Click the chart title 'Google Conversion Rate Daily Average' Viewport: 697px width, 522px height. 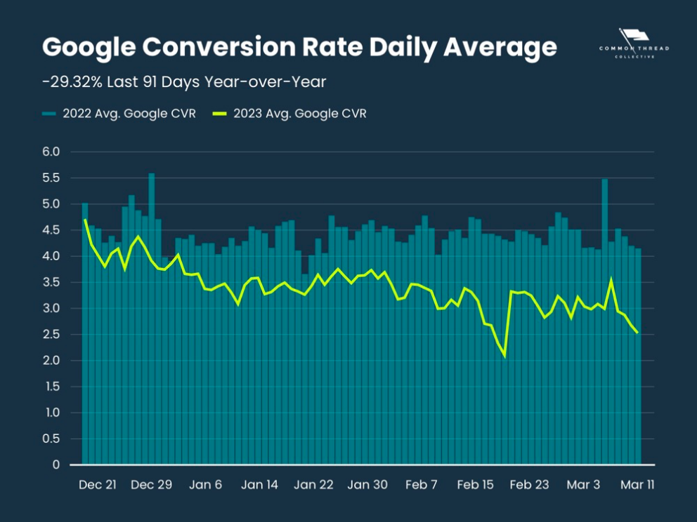tap(299, 48)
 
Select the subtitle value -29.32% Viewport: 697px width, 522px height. tap(73, 82)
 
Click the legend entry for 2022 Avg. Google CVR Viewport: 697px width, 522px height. tap(119, 114)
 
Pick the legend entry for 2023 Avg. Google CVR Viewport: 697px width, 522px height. tap(291, 114)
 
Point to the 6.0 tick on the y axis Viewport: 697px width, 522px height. tap(51, 152)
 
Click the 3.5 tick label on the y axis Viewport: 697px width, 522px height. tap(51, 282)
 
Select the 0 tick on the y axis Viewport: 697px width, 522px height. tap(56, 464)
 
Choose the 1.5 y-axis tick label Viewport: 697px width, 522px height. tap(51, 387)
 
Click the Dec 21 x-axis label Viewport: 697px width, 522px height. tap(98, 485)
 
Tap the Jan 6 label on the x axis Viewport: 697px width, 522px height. tap(206, 485)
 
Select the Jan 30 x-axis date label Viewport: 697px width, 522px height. tap(368, 485)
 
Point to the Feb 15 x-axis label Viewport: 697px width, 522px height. tap(476, 485)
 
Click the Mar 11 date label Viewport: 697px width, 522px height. tap(638, 485)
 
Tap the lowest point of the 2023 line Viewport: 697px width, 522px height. tap(504, 356)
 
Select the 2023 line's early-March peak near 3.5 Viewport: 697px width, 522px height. tap(611, 280)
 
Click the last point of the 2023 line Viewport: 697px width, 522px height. tap(637, 333)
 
